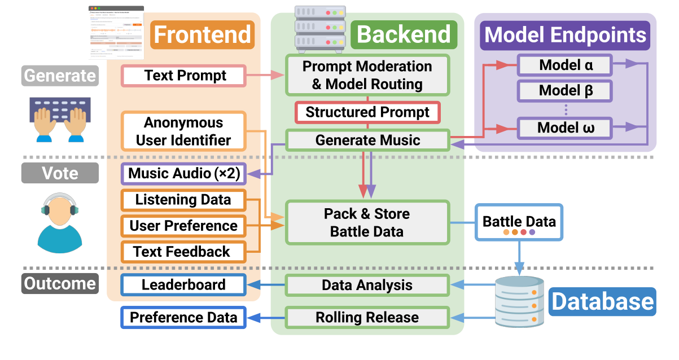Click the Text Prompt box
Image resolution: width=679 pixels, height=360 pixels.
click(185, 76)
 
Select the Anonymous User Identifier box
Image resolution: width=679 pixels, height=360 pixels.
click(183, 131)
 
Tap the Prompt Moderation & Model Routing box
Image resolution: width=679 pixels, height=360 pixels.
click(367, 75)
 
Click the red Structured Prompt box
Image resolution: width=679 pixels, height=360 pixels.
click(367, 112)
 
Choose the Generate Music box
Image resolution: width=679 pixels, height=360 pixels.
click(367, 140)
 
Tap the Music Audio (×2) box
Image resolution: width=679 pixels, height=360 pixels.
click(183, 173)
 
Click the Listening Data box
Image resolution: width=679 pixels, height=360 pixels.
click(183, 200)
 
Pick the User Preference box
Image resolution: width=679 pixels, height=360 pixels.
click(183, 226)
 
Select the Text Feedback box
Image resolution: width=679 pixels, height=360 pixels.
click(183, 252)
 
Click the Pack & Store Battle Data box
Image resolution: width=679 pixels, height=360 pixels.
click(367, 222)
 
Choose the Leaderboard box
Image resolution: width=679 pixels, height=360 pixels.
click(183, 285)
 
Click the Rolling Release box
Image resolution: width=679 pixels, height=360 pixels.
click(367, 318)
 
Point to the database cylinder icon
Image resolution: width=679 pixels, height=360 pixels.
click(519, 301)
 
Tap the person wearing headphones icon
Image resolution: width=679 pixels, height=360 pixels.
click(59, 222)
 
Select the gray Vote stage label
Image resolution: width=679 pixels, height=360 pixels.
click(60, 173)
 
